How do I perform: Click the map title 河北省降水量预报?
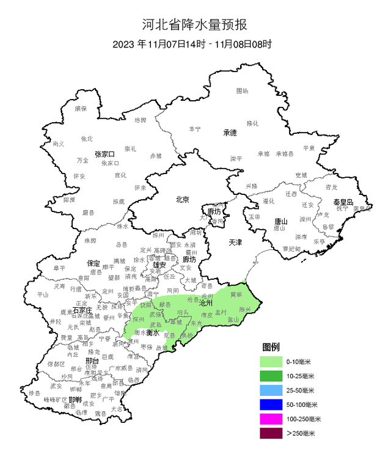195,25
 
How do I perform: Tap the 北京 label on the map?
182,199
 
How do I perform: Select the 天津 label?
235,242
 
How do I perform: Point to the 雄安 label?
159,265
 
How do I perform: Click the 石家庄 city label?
82,310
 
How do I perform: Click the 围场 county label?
243,91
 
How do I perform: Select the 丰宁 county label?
194,129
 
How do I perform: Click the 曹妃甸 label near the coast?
291,249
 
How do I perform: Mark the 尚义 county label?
58,144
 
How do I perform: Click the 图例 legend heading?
271,347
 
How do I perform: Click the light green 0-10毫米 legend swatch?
271,362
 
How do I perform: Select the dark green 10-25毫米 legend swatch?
271,376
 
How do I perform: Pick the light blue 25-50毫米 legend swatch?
271,390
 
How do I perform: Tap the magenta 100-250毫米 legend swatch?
271,419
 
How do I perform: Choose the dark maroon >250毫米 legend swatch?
271,434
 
